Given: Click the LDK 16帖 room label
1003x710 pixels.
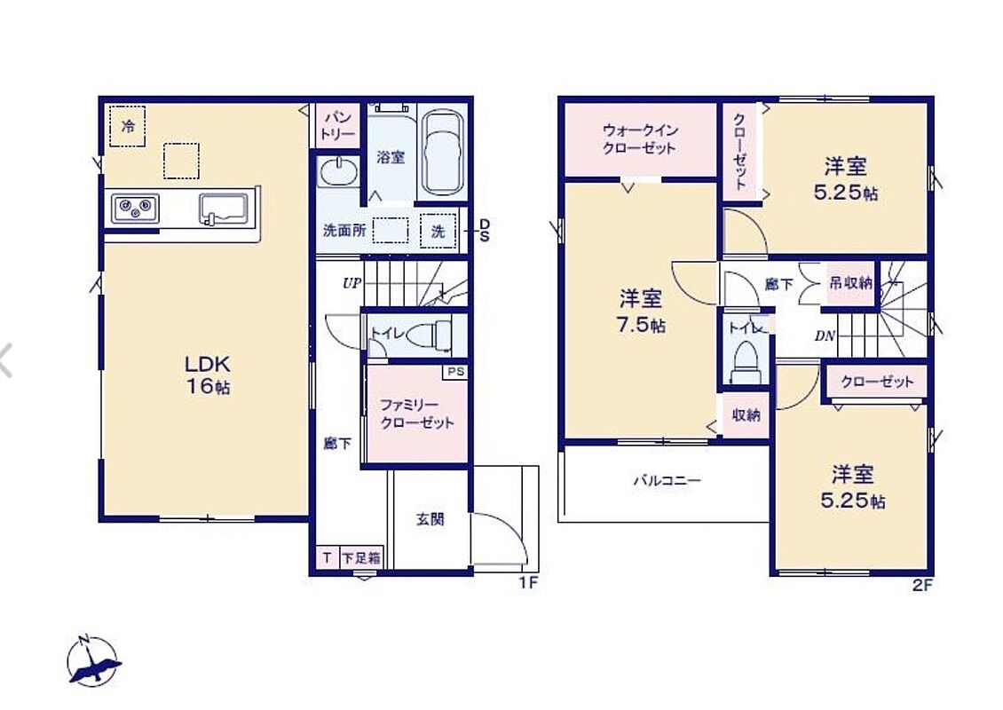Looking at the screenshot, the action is pyautogui.click(x=208, y=375).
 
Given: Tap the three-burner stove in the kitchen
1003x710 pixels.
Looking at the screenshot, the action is pyautogui.click(x=136, y=209).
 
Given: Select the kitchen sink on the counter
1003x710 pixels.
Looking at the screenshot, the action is pyautogui.click(x=224, y=209).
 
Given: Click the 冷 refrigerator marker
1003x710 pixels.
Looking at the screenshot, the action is pyautogui.click(x=127, y=126).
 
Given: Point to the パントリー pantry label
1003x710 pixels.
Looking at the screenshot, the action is pyautogui.click(x=338, y=125).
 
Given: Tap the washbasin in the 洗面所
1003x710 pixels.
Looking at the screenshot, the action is pyautogui.click(x=339, y=171).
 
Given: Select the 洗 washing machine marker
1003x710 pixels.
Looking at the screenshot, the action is pyautogui.click(x=438, y=230).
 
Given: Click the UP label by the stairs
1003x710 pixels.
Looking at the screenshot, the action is pyautogui.click(x=351, y=283).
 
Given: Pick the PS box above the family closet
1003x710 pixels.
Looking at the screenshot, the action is pyautogui.click(x=456, y=372).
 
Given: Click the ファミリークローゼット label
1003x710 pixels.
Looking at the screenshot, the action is pyautogui.click(x=417, y=414).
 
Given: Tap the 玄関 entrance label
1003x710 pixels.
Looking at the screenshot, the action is pyautogui.click(x=430, y=519).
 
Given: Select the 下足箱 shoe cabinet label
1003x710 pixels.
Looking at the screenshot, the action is pyautogui.click(x=361, y=557).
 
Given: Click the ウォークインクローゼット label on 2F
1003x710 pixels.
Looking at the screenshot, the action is pyautogui.click(x=639, y=138).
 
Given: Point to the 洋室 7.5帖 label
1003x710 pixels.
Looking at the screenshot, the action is pyautogui.click(x=640, y=311).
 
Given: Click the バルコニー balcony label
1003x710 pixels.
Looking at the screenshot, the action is pyautogui.click(x=667, y=480).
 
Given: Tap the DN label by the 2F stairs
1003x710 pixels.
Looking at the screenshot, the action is pyautogui.click(x=825, y=335).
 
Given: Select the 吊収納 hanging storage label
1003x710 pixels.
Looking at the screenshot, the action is pyautogui.click(x=850, y=282).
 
